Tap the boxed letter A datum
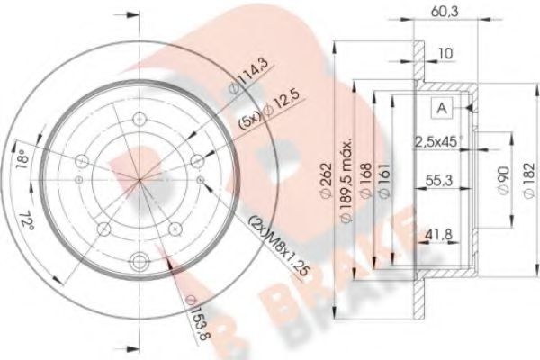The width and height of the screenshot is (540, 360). (442, 109)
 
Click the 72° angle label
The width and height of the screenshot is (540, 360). (31, 219)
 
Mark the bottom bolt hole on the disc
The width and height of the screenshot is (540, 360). (139, 263)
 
